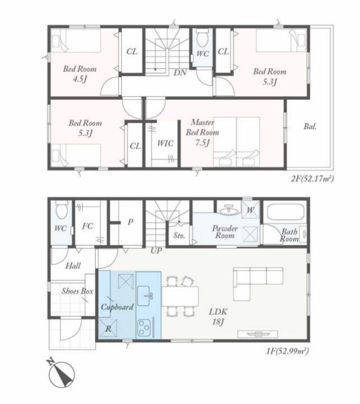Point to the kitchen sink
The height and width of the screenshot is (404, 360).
pyautogui.click(x=146, y=296)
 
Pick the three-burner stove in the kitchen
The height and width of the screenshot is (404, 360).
pyautogui.click(x=144, y=328)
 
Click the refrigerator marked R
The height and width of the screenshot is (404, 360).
pyautogui.click(x=109, y=329)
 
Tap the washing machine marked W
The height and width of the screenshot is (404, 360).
pyautogui.click(x=250, y=210)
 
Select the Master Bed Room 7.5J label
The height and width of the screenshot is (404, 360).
pyautogui.click(x=203, y=132)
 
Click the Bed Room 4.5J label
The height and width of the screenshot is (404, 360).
pyautogui.click(x=80, y=74)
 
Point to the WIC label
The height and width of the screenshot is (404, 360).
pyautogui.click(x=165, y=143)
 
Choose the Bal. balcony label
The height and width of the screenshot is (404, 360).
pyautogui.click(x=310, y=127)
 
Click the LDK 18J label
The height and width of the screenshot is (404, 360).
pyautogui.click(x=218, y=317)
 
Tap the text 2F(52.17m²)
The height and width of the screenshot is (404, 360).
pyautogui.click(x=312, y=178)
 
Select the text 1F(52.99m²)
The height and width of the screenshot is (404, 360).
pyautogui.click(x=287, y=351)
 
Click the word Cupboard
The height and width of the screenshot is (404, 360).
pyautogui.click(x=117, y=307)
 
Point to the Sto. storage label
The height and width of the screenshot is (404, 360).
pyautogui.click(x=179, y=235)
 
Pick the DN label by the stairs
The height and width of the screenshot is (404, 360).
pyautogui.click(x=180, y=72)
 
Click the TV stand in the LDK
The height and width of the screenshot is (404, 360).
pyautogui.click(x=258, y=334)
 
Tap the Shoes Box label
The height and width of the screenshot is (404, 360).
pyautogui.click(x=77, y=291)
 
